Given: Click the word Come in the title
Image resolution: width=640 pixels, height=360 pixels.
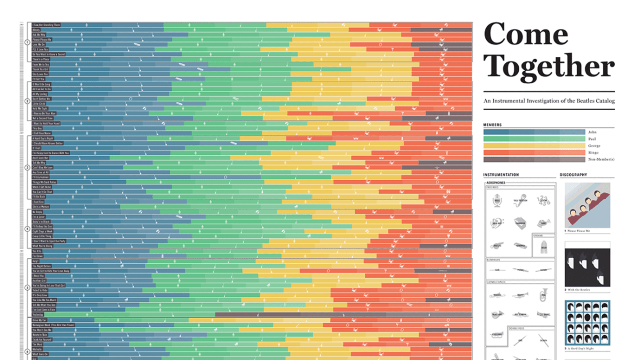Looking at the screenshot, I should (x=526, y=34).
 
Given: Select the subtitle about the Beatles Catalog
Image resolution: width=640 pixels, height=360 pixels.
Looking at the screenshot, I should (x=549, y=101).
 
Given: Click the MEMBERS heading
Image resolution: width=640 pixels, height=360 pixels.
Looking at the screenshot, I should (x=492, y=125).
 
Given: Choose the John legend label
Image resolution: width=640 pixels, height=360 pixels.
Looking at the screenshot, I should (x=592, y=132).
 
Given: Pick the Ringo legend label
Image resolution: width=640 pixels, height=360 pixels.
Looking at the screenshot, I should (x=593, y=152).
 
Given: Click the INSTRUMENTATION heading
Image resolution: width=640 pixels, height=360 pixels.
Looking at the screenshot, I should (x=501, y=175).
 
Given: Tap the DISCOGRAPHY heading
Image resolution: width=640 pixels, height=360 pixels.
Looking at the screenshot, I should (x=574, y=175).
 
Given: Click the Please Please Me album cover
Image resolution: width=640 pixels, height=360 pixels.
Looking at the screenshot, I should (x=587, y=205).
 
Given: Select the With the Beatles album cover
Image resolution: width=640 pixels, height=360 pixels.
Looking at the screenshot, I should (x=587, y=264).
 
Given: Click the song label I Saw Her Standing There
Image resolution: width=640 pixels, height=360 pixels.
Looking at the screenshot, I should (x=46, y=25).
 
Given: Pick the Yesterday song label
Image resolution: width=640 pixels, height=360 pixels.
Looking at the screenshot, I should (x=38, y=314).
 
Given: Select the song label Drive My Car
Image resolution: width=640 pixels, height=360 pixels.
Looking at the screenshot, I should (x=39, y=320).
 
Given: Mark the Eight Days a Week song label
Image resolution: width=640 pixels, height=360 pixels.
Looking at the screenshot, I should (x=42, y=231).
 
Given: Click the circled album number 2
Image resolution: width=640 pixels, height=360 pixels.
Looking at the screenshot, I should (x=27, y=101).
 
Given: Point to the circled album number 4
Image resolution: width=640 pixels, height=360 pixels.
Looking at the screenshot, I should (x=27, y=228).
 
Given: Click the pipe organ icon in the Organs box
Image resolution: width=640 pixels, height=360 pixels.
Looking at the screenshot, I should (x=544, y=246).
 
